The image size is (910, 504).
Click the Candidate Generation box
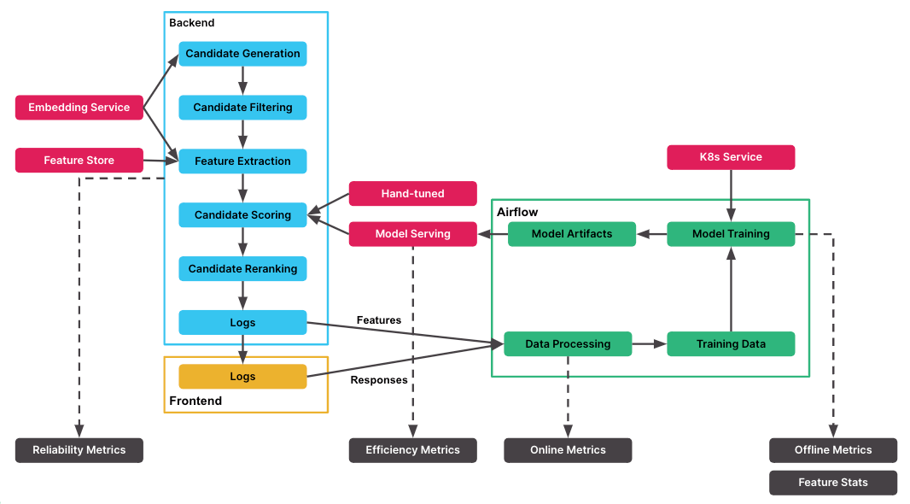(x=242, y=54)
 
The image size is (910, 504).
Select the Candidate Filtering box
(x=242, y=108)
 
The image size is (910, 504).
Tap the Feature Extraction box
(x=242, y=161)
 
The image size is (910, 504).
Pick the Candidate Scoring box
(x=242, y=215)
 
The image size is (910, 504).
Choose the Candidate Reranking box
(x=242, y=269)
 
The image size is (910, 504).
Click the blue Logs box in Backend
(x=242, y=323)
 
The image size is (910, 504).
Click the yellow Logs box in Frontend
(x=242, y=377)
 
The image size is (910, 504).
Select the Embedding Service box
(x=79, y=108)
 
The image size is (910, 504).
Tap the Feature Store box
(x=79, y=161)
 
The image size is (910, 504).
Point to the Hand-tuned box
(x=412, y=194)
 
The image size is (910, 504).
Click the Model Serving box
(x=412, y=234)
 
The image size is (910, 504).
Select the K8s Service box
(x=730, y=157)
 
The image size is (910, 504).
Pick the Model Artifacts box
(x=571, y=234)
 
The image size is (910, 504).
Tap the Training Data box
(x=730, y=344)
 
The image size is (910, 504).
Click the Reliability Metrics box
(x=79, y=450)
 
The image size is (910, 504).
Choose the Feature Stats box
(x=832, y=483)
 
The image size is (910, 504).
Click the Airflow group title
(x=517, y=212)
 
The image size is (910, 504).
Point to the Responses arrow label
(x=379, y=380)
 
